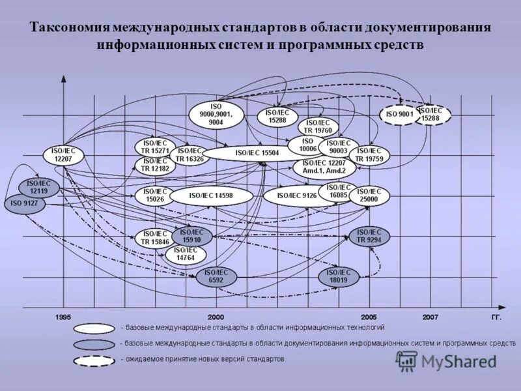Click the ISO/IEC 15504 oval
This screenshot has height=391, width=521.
tap(257, 153)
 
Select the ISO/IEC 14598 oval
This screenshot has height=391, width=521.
tap(211, 195)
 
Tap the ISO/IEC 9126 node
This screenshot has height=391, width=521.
tap(297, 195)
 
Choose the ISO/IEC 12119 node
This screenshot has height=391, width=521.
tap(38, 188)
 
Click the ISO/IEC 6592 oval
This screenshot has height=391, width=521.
tap(216, 277)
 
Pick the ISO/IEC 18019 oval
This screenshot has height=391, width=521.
tap(339, 276)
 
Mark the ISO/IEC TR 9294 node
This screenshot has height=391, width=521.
tap(369, 237)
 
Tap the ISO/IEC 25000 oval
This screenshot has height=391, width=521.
tap(369, 195)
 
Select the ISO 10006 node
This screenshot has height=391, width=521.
tap(307, 145)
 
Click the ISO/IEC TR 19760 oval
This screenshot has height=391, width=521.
tap(318, 126)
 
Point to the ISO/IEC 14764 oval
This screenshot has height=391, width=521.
tap(186, 255)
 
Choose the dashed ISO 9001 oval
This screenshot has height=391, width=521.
tap(400, 115)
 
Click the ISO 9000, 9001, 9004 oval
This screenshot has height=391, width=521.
tap(216, 114)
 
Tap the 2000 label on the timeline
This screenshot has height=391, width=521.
tap(216, 317)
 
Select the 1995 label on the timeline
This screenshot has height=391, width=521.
tap(63, 317)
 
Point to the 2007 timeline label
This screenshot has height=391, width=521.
tap(430, 317)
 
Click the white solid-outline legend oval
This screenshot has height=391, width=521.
tap(94, 328)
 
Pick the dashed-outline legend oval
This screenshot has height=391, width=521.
tap(94, 360)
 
